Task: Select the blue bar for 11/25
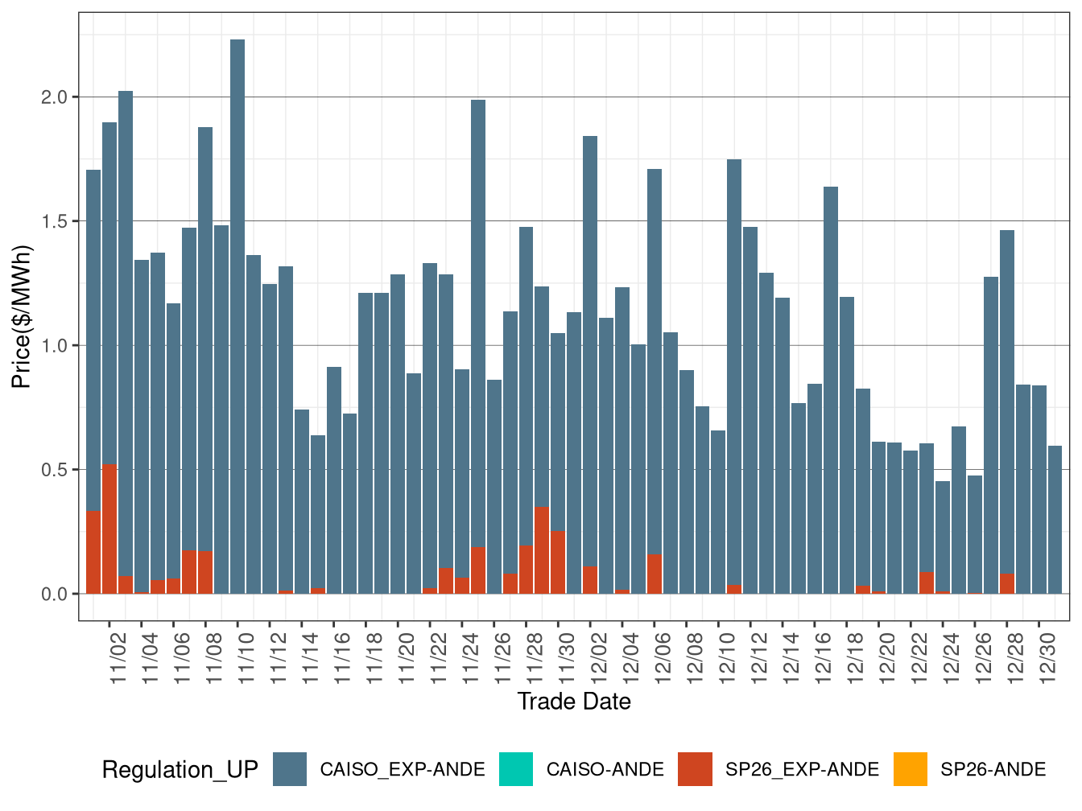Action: pyautogui.click(x=478, y=322)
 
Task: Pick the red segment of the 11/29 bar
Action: pyautogui.click(x=542, y=550)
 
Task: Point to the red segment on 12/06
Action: pyautogui.click(x=655, y=574)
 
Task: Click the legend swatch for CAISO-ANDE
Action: pyautogui.click(x=515, y=769)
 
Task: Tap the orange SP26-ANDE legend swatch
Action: pyautogui.click(x=910, y=769)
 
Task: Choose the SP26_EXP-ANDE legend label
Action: pyautogui.click(x=802, y=770)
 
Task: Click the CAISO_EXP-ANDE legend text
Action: pyautogui.click(x=403, y=770)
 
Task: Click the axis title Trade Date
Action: pyautogui.click(x=574, y=702)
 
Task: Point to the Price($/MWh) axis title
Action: pyautogui.click(x=22, y=316)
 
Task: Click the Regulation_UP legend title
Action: pyautogui.click(x=180, y=770)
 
